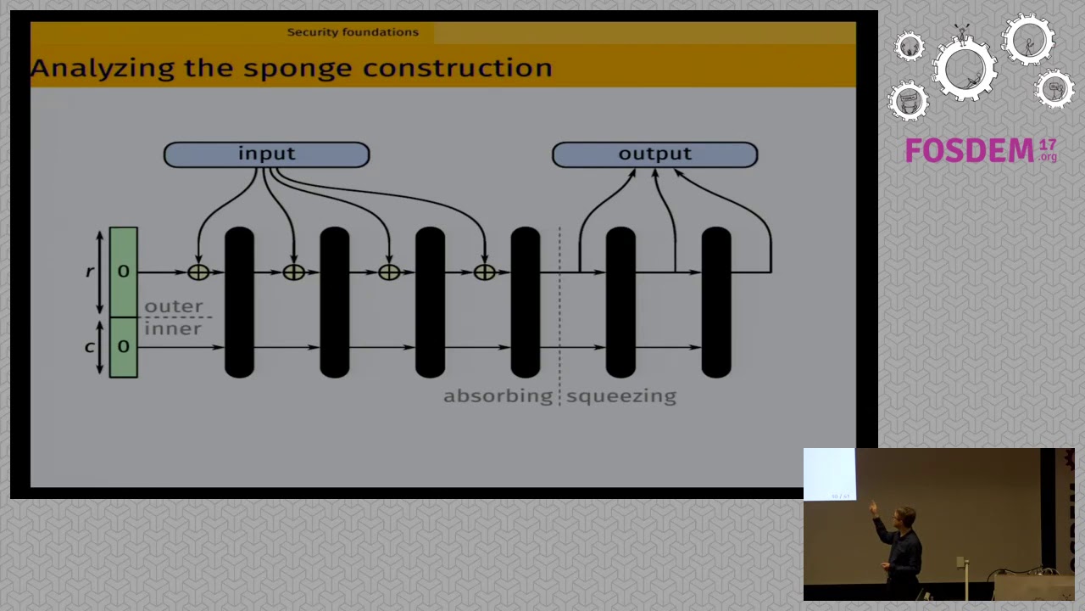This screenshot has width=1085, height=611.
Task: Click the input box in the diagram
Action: pos(266,154)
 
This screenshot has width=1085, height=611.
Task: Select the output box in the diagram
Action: pos(654,154)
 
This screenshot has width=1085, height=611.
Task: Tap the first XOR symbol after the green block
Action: pos(198,272)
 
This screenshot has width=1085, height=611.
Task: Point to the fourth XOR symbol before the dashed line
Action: pos(485,272)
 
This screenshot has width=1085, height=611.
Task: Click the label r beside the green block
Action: pos(89,272)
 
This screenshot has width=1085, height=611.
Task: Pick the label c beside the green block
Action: pos(89,346)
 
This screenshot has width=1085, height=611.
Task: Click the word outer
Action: pos(174,306)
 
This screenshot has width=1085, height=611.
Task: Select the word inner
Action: pos(173,329)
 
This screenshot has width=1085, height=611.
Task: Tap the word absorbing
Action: pos(498,396)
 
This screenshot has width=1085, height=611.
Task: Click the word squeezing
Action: pos(621,396)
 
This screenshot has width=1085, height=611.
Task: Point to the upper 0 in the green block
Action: pos(124,272)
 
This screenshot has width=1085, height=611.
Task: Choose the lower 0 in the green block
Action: pos(124,346)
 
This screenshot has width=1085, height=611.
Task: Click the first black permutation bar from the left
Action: pos(240,301)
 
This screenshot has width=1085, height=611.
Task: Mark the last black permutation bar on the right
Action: pos(716,301)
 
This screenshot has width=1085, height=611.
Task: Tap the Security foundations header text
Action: pos(353,32)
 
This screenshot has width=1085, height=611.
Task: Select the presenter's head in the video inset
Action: pos(906,517)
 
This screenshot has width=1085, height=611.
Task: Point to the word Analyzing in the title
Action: pos(103,69)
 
